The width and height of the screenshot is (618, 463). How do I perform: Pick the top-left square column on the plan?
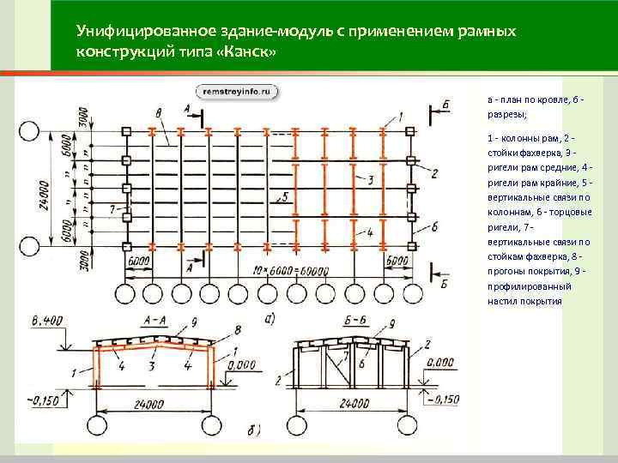pos(127,132)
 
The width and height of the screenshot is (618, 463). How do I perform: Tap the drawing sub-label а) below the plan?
pos(270,318)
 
